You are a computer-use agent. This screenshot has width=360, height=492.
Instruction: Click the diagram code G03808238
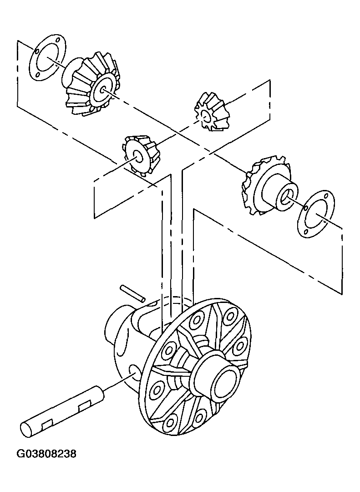(x=46, y=454)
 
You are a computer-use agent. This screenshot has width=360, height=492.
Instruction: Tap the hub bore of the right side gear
(x=286, y=197)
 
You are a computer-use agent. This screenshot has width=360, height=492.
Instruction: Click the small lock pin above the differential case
(x=132, y=293)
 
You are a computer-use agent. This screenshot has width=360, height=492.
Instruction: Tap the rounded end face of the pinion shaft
(x=27, y=429)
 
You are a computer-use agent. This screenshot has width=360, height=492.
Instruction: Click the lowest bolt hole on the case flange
(x=170, y=423)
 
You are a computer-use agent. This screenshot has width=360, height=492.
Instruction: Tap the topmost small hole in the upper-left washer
(x=59, y=41)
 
